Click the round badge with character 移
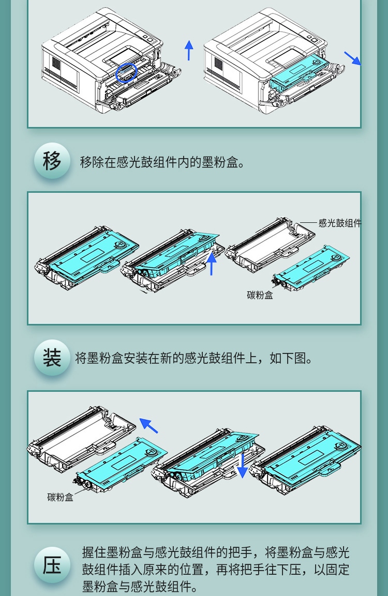point(52,161)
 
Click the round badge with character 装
point(52,358)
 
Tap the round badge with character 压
point(52,565)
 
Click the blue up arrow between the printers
point(189,50)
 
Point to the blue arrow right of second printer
point(353,59)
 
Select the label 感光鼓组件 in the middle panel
point(340,223)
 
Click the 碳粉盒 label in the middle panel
point(260,295)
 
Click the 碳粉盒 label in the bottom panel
point(61,497)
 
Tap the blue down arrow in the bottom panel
point(242,465)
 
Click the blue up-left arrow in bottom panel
point(148,425)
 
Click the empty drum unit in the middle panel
point(270,245)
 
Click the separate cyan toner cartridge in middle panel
point(311,268)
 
